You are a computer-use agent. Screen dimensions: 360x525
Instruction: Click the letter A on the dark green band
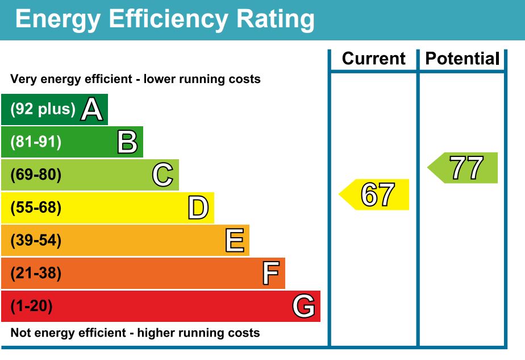91,109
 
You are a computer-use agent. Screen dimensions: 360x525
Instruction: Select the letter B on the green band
127,142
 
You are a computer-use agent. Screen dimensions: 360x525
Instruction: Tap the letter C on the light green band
163,175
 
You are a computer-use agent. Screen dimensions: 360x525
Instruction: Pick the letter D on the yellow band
198,208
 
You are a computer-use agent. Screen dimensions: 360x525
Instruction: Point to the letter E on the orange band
234,241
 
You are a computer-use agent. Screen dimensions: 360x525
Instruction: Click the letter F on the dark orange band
270,274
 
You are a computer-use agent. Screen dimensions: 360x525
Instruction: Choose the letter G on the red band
304,307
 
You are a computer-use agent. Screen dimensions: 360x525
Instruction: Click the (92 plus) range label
43,109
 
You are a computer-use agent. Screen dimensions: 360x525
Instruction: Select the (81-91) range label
35,142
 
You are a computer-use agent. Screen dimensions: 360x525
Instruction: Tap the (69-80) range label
35,175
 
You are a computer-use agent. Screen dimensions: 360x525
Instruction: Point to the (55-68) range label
35,208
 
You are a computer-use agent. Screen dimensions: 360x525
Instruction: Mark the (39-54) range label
35,241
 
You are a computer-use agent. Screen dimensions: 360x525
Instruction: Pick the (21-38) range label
35,274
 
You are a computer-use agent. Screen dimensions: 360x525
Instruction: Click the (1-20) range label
31,307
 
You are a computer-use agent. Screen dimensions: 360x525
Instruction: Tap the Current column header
374,59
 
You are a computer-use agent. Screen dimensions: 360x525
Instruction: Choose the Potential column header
463,59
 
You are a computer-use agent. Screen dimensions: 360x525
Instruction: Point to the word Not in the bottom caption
20,333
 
